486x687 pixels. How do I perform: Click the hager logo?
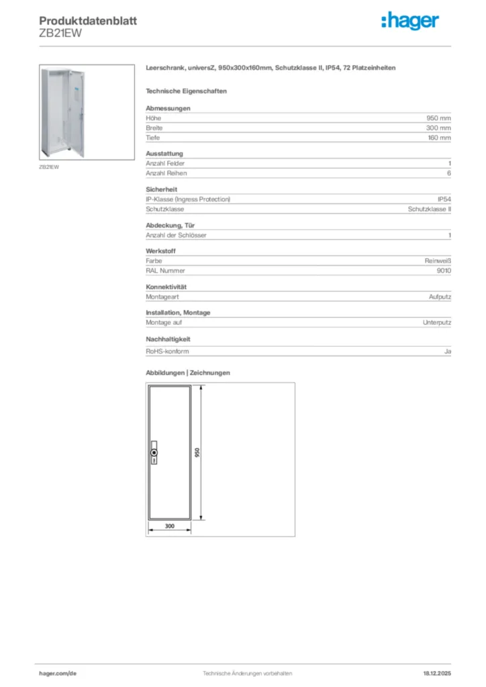pos(409,22)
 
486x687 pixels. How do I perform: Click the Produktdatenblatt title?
pos(88,21)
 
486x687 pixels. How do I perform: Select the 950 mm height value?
pos(438,118)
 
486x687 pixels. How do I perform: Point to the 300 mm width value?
pos(438,127)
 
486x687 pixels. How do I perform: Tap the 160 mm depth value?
pos(438,138)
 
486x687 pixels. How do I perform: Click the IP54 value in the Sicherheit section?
pos(444,199)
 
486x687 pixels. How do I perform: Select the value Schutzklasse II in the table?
pos(429,209)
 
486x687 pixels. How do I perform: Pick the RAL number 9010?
pos(443,270)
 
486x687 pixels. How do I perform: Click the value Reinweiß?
pos(437,261)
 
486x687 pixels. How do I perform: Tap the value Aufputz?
pos(440,297)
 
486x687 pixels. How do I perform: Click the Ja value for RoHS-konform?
pos(447,351)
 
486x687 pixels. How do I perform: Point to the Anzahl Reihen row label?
pos(165,173)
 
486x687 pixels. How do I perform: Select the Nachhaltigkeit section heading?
pos(168,339)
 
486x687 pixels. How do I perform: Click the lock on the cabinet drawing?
pos(154,452)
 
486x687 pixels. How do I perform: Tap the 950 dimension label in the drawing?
pos(197,453)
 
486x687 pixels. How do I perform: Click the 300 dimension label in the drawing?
pos(169,527)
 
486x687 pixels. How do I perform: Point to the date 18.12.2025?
pos(436,673)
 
